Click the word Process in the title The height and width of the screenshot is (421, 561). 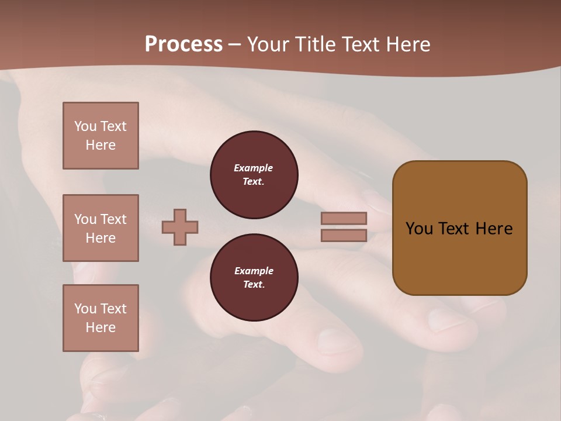pos(183,44)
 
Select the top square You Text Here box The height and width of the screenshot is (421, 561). pos(101,136)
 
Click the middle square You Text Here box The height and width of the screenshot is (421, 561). pos(101,228)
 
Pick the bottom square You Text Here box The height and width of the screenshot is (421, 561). pos(101,318)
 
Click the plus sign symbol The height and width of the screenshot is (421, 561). pos(180,227)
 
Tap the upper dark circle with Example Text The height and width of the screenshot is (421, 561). pos(254,175)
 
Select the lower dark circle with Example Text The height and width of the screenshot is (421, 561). pos(254,278)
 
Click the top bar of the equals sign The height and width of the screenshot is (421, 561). pos(344,218)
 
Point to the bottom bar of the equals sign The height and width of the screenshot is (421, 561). pos(344,236)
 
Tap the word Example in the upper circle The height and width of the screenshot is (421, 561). pos(254,168)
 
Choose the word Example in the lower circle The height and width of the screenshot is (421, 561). pos(254,271)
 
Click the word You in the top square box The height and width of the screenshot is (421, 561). pos(85,126)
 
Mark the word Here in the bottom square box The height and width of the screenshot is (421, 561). pos(101,327)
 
